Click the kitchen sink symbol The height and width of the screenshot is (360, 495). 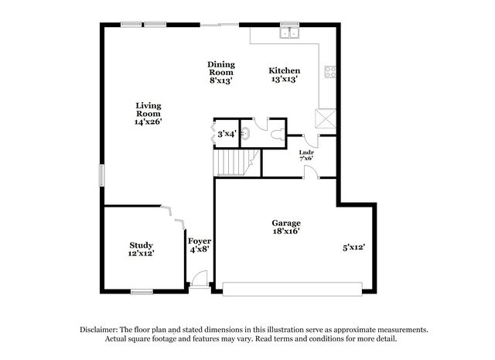pos(289,33)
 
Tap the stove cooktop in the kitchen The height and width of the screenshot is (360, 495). pos(330,72)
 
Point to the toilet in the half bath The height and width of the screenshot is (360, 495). pos(278,135)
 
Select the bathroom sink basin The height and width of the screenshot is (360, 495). pos(245,133)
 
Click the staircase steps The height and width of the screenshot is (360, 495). pos(236,163)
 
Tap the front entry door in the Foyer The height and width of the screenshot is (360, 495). pos(200,279)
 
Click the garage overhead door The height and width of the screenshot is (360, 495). pos(292,290)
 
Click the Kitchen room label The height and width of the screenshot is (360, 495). pos(285,70)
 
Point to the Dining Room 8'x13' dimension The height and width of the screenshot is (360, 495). pos(221,81)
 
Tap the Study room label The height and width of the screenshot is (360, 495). pos(141,245)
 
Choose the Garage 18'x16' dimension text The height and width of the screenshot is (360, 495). pos(286,231)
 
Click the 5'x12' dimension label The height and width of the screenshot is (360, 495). pos(354,247)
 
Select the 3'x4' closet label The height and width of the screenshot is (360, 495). pos(227,134)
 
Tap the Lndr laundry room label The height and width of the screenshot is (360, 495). pos(306,153)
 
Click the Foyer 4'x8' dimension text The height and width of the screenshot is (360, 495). pos(200,249)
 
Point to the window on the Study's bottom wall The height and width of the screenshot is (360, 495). pos(142,292)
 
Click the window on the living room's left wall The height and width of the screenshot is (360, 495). pos(101,175)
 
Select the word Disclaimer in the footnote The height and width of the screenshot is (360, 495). pos(99,330)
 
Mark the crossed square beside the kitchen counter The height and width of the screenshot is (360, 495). pos(326,119)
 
